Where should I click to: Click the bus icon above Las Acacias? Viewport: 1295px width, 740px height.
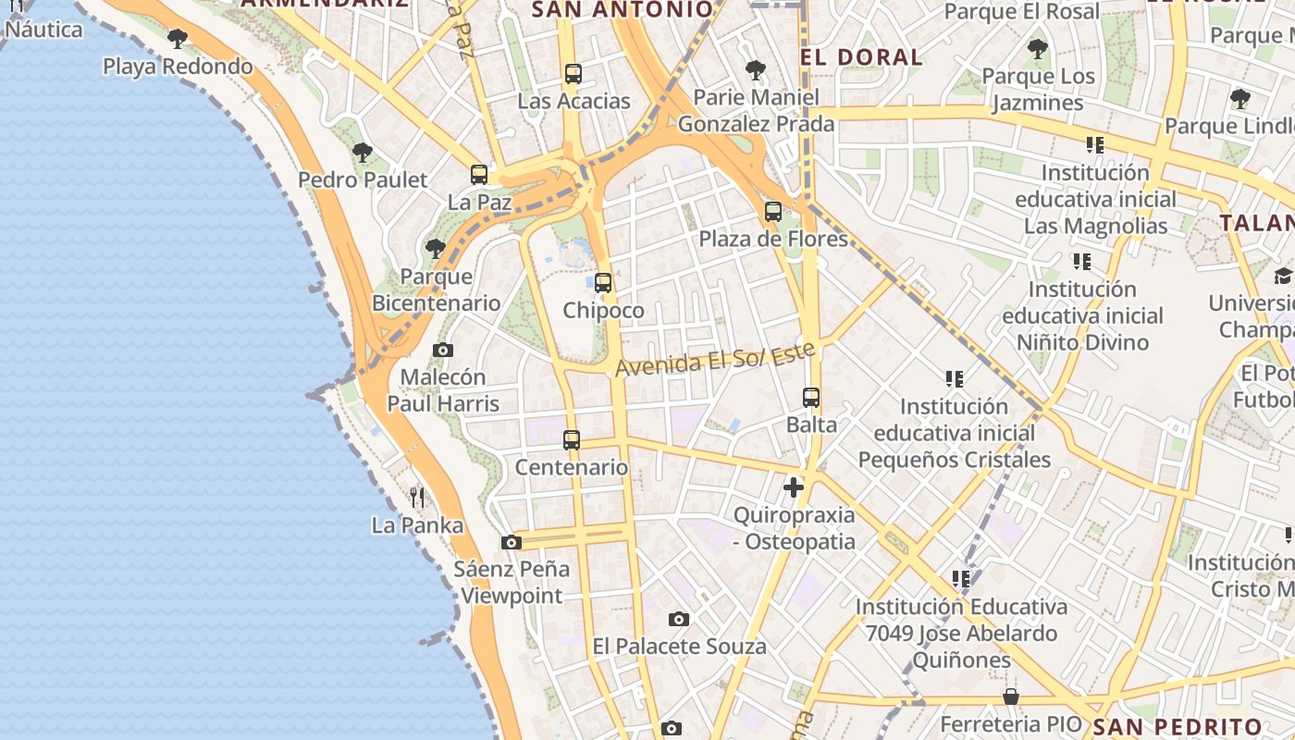(x=573, y=74)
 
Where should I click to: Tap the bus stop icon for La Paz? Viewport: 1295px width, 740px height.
(x=479, y=174)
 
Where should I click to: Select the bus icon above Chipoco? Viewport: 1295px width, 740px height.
(x=603, y=283)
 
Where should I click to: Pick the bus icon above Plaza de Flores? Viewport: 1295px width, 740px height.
(x=773, y=212)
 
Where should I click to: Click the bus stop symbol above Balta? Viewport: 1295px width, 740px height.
(x=811, y=398)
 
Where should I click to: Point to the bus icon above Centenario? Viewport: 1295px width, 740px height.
(x=572, y=440)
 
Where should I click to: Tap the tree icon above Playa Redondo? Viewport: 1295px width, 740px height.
(x=178, y=39)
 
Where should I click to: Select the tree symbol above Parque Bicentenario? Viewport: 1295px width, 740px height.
(x=435, y=249)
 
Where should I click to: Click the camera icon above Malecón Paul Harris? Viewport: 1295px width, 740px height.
(x=443, y=350)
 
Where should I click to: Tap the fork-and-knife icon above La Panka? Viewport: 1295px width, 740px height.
(x=417, y=498)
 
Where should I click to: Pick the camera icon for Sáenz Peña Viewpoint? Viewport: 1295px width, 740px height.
(x=511, y=542)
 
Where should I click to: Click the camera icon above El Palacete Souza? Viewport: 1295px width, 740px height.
(x=679, y=619)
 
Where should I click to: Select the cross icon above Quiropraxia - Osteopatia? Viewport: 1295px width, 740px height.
(x=794, y=487)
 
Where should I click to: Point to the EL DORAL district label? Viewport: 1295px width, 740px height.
(x=861, y=57)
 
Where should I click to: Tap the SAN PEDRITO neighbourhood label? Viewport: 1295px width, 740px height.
(x=1177, y=726)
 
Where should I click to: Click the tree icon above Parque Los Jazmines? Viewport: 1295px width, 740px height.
(x=1038, y=49)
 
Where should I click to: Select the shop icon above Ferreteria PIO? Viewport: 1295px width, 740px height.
(x=1011, y=697)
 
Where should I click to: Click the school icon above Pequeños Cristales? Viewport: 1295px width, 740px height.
(x=955, y=378)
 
